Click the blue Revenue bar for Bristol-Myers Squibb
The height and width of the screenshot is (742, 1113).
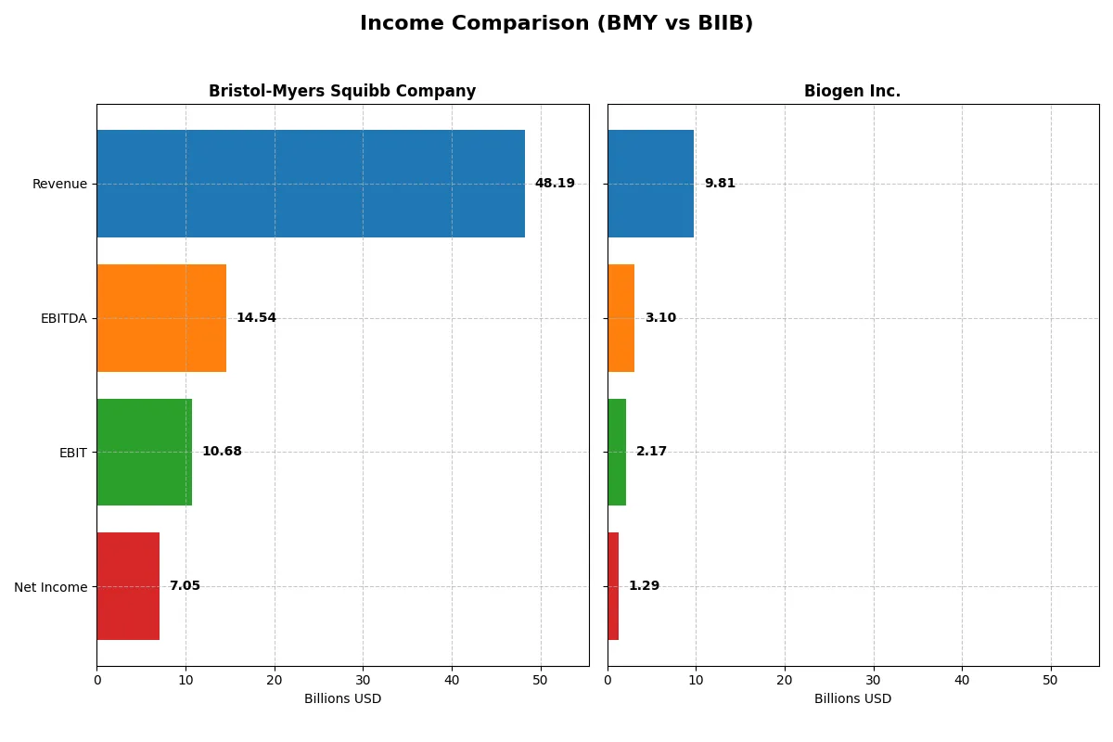311,184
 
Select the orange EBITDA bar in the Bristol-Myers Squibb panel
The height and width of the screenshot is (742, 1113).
161,318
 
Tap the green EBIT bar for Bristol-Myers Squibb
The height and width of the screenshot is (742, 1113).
144,452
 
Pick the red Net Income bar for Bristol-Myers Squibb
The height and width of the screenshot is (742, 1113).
128,586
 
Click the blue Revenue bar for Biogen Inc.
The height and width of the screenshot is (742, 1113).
650,184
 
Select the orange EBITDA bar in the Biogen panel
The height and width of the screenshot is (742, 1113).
620,318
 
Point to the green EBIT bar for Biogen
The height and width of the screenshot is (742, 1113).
617,452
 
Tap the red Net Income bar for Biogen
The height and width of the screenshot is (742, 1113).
613,586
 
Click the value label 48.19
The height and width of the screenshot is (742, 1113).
555,184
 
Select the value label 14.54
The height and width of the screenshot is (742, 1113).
256,318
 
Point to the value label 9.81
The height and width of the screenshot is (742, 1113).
720,184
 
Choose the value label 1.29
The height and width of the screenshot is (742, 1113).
644,586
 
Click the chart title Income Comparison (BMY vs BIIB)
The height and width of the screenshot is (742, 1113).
556,24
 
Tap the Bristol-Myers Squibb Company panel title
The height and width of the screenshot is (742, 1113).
342,92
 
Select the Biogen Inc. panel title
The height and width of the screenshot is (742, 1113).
852,92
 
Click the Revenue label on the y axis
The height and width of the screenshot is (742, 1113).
59,185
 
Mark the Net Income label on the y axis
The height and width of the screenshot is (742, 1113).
50,587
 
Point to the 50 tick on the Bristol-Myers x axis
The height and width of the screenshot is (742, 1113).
541,680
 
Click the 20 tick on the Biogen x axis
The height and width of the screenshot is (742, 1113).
785,680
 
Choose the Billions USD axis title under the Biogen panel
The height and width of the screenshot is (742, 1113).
852,699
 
